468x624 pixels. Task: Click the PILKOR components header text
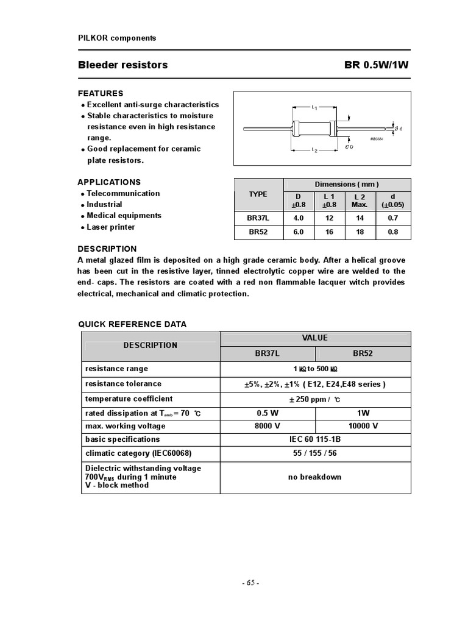[117, 38]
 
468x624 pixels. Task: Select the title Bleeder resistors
[122, 65]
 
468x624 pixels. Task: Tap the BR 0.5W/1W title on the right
[373, 65]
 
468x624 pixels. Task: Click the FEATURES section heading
[101, 93]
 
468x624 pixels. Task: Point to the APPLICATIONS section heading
[109, 182]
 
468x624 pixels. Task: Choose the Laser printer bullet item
[110, 227]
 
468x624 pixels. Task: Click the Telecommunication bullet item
[122, 193]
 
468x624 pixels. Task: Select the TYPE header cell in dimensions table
[258, 194]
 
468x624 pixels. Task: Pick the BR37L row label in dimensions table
[258, 218]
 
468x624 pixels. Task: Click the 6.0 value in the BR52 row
[299, 232]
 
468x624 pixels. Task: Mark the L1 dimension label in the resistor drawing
[314, 108]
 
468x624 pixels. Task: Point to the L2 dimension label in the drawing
[314, 150]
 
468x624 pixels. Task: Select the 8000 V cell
[268, 426]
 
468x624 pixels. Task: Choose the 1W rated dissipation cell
[364, 413]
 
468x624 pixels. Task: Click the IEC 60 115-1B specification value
[314, 439]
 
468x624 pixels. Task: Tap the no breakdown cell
[314, 477]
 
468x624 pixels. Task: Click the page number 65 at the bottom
[250, 583]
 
